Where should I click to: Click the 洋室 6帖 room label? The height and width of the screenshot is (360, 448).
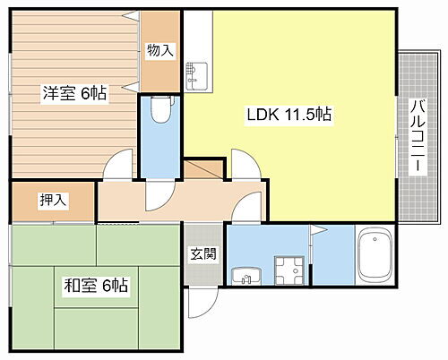73,93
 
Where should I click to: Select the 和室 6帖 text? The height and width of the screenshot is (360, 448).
94,287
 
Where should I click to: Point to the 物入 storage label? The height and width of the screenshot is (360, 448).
159,51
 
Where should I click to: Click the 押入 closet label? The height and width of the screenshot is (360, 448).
53,201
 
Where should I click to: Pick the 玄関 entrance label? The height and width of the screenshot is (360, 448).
202,253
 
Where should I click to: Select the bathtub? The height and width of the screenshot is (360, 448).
375,259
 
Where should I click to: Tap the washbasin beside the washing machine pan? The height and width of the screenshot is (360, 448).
242,276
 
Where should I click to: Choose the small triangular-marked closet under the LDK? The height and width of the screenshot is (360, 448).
203,171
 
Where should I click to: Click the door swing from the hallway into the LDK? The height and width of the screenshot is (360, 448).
245,164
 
